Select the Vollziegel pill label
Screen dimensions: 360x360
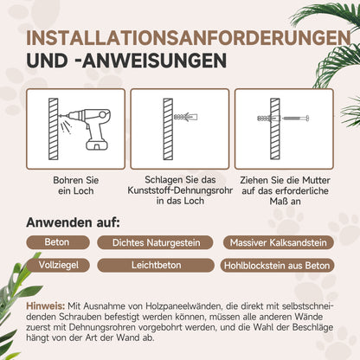pyautogui.click(x=54, y=266)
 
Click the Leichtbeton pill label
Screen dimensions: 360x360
pyautogui.click(x=151, y=266)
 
